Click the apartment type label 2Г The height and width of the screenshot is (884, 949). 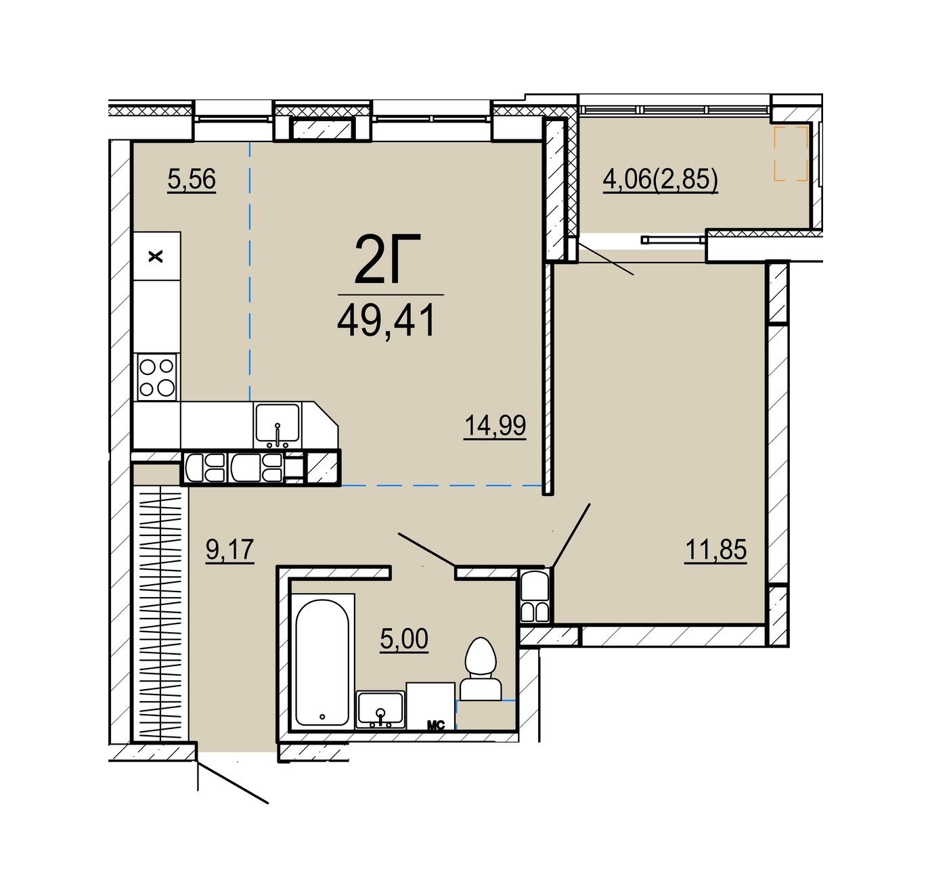click(x=387, y=259)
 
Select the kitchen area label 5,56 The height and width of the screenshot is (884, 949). click(x=192, y=179)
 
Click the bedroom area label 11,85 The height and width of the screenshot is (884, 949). click(x=715, y=550)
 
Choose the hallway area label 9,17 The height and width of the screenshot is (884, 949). click(x=229, y=549)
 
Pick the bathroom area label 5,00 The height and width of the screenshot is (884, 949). click(x=404, y=638)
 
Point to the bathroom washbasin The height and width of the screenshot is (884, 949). click(x=381, y=710)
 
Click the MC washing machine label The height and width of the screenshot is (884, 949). click(x=435, y=726)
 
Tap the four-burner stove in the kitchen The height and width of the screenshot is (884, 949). click(x=156, y=378)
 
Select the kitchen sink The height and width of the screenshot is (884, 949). click(x=277, y=425)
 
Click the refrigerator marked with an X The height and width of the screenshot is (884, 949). click(x=157, y=257)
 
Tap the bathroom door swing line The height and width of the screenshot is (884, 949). click(x=426, y=550)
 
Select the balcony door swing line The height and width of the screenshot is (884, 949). click(x=605, y=259)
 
